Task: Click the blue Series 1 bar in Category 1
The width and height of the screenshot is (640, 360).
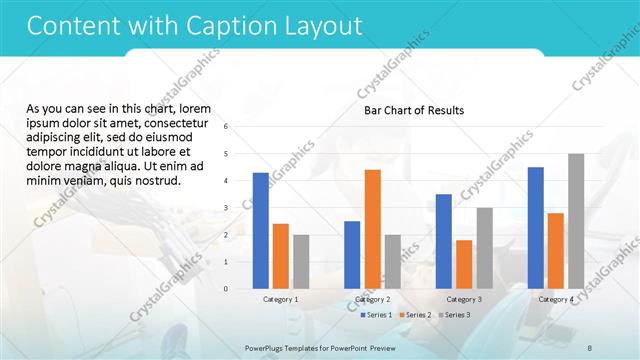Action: [x=260, y=230]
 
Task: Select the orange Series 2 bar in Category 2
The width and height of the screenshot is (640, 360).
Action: [x=372, y=229]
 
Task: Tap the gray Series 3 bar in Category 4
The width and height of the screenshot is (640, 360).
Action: [x=576, y=221]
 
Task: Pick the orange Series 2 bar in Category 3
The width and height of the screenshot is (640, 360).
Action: [x=464, y=264]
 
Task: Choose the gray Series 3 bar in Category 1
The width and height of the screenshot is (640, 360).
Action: [x=301, y=261]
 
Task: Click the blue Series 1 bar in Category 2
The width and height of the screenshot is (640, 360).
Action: [x=352, y=254]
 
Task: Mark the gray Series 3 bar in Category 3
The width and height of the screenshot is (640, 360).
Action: [x=484, y=248]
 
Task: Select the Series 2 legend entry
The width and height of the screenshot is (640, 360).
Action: [x=414, y=315]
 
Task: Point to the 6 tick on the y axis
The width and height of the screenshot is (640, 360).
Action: [x=227, y=127]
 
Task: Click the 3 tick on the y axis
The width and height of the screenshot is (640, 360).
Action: [x=227, y=208]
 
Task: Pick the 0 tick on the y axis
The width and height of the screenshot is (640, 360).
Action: [x=227, y=289]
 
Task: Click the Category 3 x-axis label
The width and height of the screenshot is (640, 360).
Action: [x=464, y=299]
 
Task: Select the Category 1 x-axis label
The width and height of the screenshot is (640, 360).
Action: [x=280, y=299]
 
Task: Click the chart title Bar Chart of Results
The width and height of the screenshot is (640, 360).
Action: [x=413, y=110]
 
